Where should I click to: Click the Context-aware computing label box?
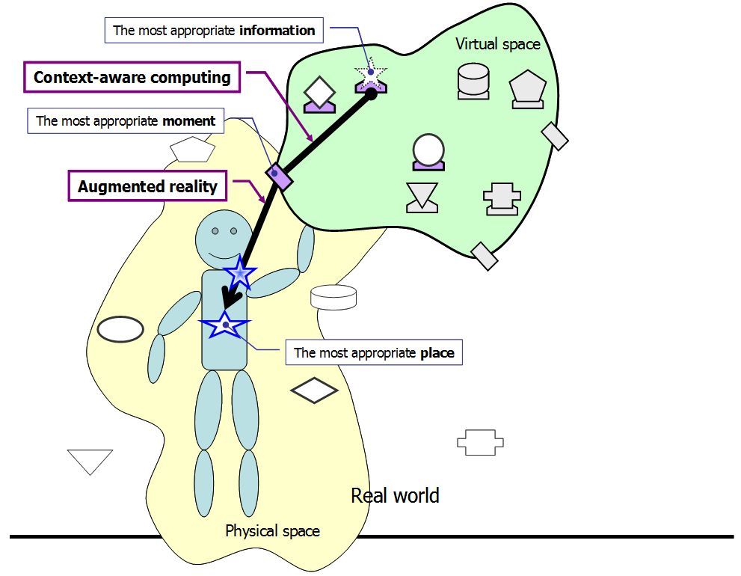click(x=132, y=78)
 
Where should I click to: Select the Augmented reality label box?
click(x=147, y=186)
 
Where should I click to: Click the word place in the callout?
click(x=437, y=352)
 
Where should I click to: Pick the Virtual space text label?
click(x=497, y=44)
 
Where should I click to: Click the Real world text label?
click(x=395, y=495)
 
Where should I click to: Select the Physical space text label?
click(x=272, y=531)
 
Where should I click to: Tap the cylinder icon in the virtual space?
click(x=473, y=81)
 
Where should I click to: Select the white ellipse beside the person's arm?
click(x=120, y=328)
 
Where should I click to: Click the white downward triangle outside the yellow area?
click(x=90, y=459)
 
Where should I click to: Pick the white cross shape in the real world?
click(x=480, y=442)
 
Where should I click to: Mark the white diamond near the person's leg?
click(x=314, y=390)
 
